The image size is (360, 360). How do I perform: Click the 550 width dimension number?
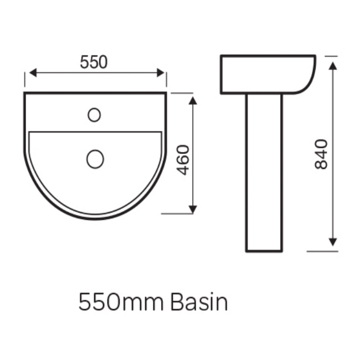[94, 63]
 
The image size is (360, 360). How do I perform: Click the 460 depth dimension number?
[183, 160]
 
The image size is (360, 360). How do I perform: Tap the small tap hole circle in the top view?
[94, 115]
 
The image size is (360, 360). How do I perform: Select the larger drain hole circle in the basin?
[95, 160]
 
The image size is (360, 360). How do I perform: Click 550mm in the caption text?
[121, 303]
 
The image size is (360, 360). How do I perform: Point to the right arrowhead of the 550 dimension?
[162, 73]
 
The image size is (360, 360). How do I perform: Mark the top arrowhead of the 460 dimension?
[193, 99]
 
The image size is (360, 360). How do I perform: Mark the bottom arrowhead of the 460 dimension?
[193, 209]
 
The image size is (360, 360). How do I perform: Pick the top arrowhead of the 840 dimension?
[333, 64]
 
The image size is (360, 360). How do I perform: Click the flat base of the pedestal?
[264, 251]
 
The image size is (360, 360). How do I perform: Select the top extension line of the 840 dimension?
[331, 55]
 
